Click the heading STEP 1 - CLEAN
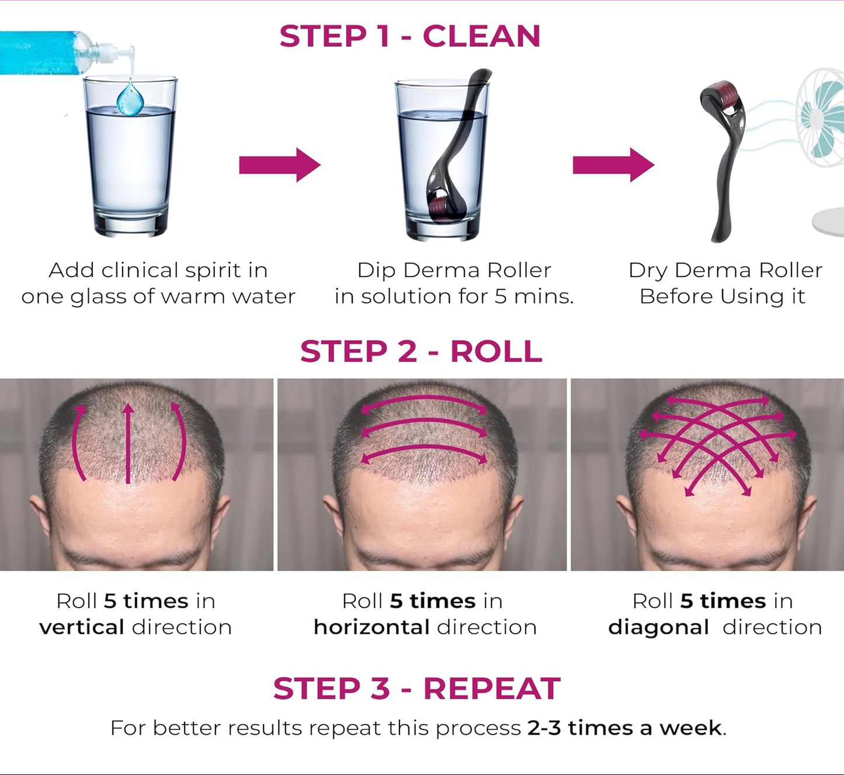[410, 36]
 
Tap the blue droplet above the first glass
[130, 99]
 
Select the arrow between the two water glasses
[279, 165]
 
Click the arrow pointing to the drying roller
[613, 165]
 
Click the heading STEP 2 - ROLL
[421, 351]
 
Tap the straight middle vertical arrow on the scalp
[128, 444]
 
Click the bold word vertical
[82, 627]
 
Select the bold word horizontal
[371, 627]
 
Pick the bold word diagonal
[658, 627]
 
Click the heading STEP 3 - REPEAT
[416, 689]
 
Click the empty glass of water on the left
[130, 169]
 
